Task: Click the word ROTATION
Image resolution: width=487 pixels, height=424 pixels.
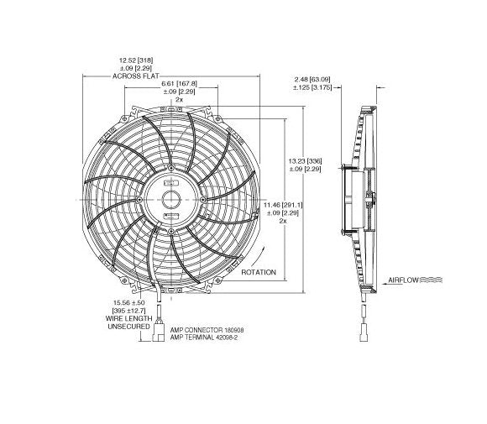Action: pos(259,274)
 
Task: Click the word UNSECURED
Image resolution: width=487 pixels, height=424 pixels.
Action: pos(129,327)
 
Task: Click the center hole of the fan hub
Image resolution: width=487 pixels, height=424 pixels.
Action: pos(170,199)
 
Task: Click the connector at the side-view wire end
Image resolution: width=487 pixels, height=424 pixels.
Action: pos(368,332)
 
